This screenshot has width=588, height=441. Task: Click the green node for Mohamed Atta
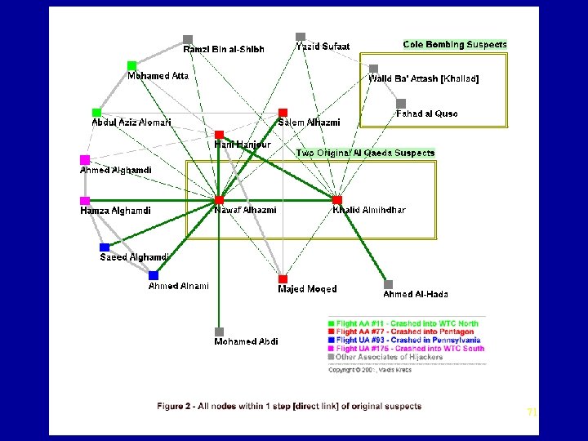click(x=131, y=65)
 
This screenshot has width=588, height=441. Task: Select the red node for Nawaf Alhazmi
click(x=219, y=199)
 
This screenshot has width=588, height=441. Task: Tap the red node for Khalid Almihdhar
click(x=337, y=199)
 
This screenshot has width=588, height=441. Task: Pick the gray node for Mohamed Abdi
click(x=219, y=332)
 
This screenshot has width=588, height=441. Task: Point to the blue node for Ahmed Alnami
click(x=154, y=275)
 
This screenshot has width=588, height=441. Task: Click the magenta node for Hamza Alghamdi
click(x=84, y=200)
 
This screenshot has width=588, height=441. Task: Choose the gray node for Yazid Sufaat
click(x=301, y=37)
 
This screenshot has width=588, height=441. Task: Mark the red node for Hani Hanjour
click(x=219, y=134)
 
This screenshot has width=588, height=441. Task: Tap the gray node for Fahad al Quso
click(x=401, y=103)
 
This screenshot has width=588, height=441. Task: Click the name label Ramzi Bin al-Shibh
click(x=224, y=50)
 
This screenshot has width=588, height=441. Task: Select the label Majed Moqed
click(x=307, y=289)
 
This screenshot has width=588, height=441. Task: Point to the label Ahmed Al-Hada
click(x=416, y=295)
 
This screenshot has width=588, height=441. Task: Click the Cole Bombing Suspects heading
click(x=455, y=45)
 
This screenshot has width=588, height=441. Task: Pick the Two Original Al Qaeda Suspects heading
click(x=365, y=153)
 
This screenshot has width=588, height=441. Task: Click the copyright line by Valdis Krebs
click(x=370, y=370)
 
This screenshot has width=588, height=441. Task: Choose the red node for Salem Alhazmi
click(x=283, y=112)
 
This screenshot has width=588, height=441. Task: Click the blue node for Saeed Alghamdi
click(x=105, y=247)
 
